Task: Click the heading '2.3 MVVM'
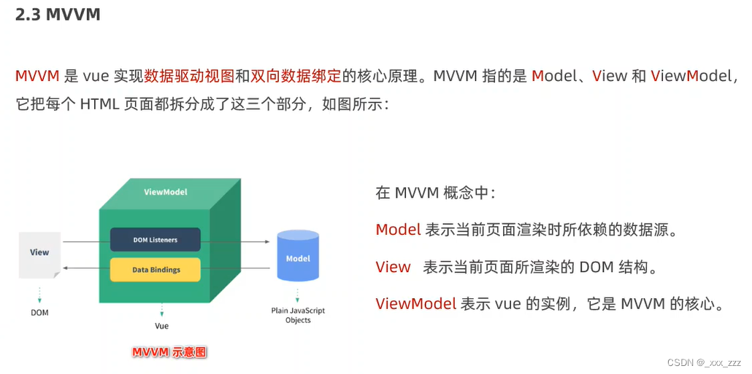point(58,15)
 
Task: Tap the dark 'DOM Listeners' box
point(155,240)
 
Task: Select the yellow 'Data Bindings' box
point(156,270)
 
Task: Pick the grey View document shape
point(39,253)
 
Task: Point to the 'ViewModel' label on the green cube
point(165,192)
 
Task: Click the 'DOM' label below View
point(39,312)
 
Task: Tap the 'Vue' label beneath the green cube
point(161,326)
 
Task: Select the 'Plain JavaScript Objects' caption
point(298,315)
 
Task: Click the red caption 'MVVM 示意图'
point(169,353)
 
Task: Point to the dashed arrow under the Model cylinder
point(298,295)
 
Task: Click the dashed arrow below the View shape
point(39,294)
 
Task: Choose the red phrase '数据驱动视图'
point(189,76)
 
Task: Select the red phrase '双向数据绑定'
point(296,76)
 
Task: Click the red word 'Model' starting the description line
point(398,230)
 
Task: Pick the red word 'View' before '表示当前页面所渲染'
point(393,267)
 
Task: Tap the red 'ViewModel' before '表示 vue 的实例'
point(416,304)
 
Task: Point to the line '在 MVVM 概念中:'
point(436,192)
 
